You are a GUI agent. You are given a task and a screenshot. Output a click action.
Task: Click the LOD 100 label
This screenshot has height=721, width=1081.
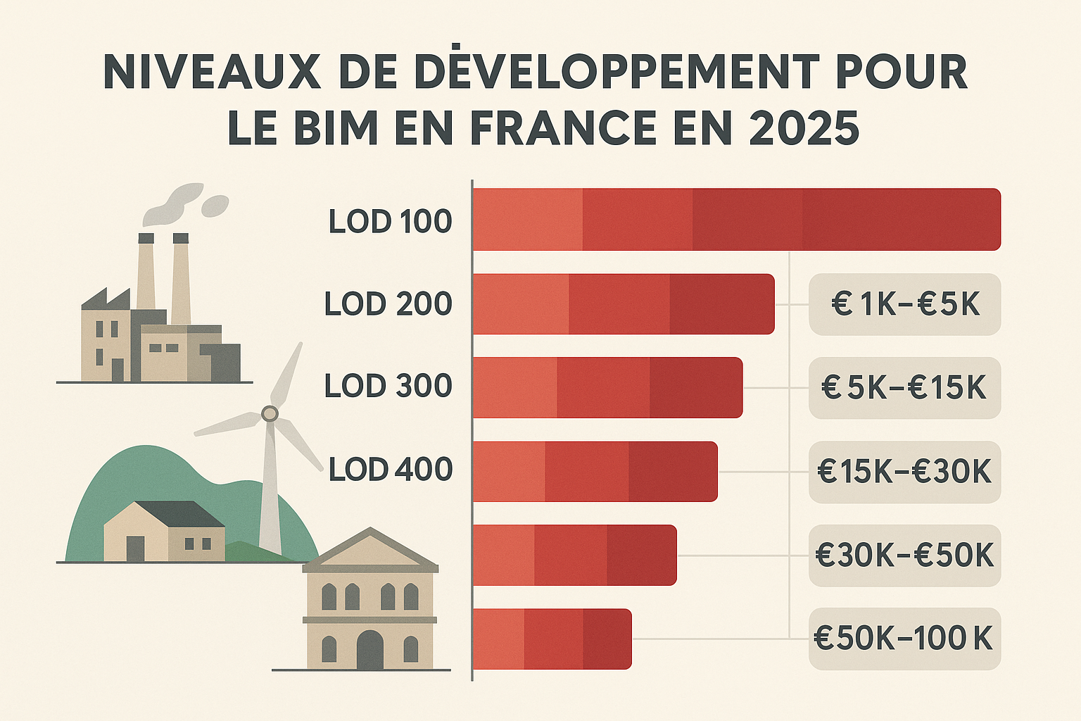click(x=390, y=221)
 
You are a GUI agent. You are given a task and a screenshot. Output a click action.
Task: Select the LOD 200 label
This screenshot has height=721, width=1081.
click(x=388, y=304)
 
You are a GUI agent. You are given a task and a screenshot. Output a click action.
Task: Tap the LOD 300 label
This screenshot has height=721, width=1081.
click(x=388, y=387)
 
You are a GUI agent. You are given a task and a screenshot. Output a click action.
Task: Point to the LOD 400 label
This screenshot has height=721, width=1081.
click(x=390, y=470)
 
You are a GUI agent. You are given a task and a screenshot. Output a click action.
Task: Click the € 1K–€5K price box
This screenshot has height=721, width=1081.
click(x=904, y=304)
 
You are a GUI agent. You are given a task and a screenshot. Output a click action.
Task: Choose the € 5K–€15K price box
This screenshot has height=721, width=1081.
click(x=904, y=388)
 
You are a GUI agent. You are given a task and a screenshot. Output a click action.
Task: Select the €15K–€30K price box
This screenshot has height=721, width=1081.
click(x=904, y=472)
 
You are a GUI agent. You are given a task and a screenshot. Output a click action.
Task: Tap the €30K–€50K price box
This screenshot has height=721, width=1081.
click(x=904, y=556)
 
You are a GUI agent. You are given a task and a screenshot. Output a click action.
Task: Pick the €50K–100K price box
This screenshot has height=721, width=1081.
click(x=904, y=639)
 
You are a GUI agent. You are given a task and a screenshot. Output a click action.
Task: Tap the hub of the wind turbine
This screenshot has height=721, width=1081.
click(x=270, y=413)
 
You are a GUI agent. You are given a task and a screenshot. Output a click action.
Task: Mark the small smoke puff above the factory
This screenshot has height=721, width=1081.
click(x=215, y=206)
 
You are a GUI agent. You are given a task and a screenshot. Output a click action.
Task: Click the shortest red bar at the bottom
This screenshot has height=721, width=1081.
click(x=552, y=639)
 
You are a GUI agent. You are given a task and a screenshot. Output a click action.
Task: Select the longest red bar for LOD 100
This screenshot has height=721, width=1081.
click(x=736, y=219)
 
